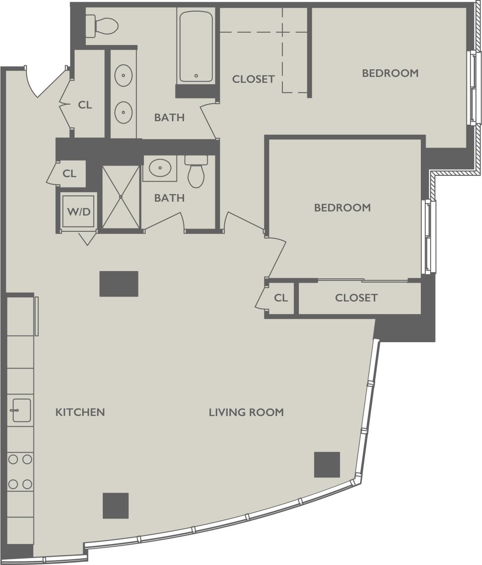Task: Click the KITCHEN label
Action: coord(80,412)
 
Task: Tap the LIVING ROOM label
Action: coord(246,412)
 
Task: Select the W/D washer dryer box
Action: coord(79,211)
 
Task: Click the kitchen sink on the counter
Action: coord(21,410)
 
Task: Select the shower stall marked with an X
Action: coord(121,197)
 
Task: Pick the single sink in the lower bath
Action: coord(160,169)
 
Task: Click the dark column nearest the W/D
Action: coord(118,284)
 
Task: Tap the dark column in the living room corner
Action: coord(327,464)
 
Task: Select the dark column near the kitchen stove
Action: coord(116,506)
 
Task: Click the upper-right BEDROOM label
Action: coord(390,73)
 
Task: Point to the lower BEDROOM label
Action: coord(342,208)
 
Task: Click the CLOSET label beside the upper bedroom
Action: coord(253,79)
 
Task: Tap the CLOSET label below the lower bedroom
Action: coord(356,297)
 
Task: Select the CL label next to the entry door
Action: coord(85,105)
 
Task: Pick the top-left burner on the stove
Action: coord(13,459)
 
